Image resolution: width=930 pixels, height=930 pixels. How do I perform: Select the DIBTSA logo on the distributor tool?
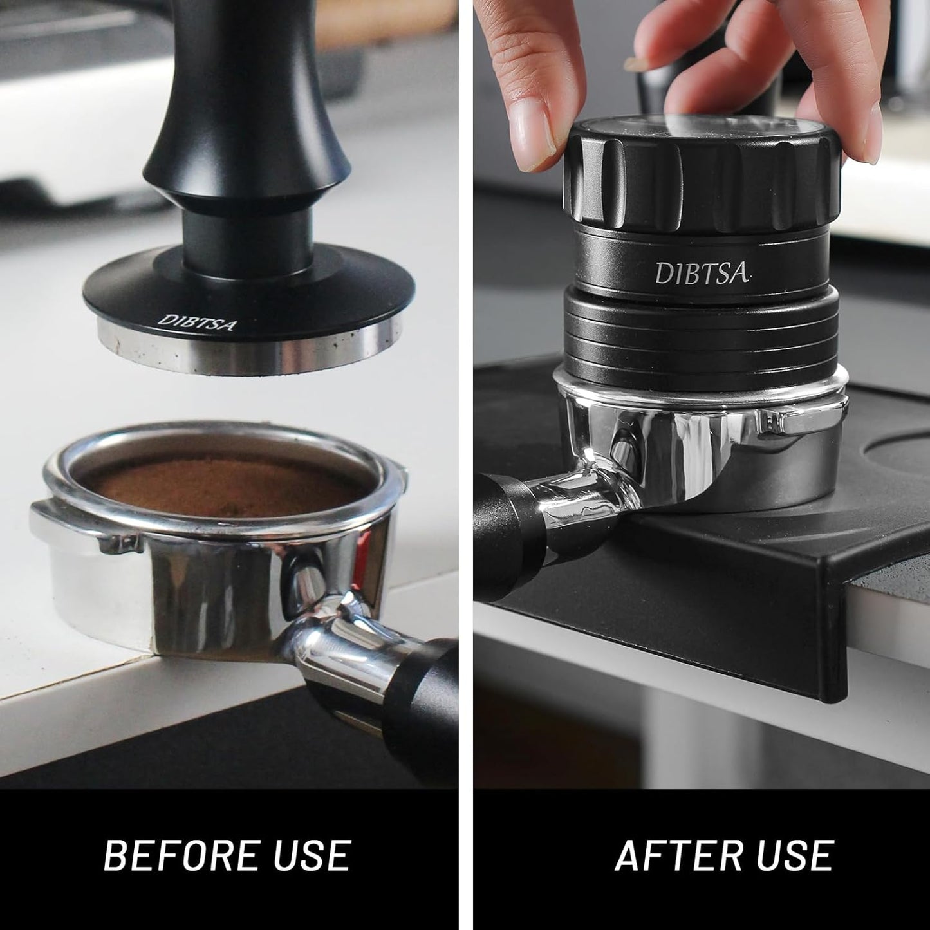point(702,273)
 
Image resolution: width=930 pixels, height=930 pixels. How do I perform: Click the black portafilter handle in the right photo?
point(505,528)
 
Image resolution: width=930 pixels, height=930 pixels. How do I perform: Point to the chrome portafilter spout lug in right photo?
point(772,422)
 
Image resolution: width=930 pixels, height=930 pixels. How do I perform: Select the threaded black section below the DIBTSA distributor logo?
point(702,328)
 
